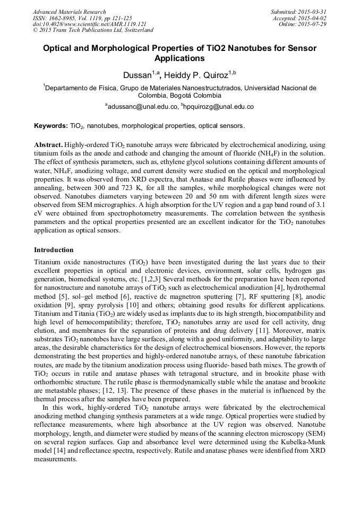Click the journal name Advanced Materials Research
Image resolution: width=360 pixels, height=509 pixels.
pos(70,12)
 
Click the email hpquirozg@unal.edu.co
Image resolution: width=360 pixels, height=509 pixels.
pos(212,107)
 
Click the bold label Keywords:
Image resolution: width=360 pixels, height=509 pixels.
pos(51,126)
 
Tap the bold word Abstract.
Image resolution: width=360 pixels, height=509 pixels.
pos(48,145)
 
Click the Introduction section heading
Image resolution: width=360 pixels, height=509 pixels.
pos(54,250)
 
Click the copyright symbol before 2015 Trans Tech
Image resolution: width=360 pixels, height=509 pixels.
pos(35,31)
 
